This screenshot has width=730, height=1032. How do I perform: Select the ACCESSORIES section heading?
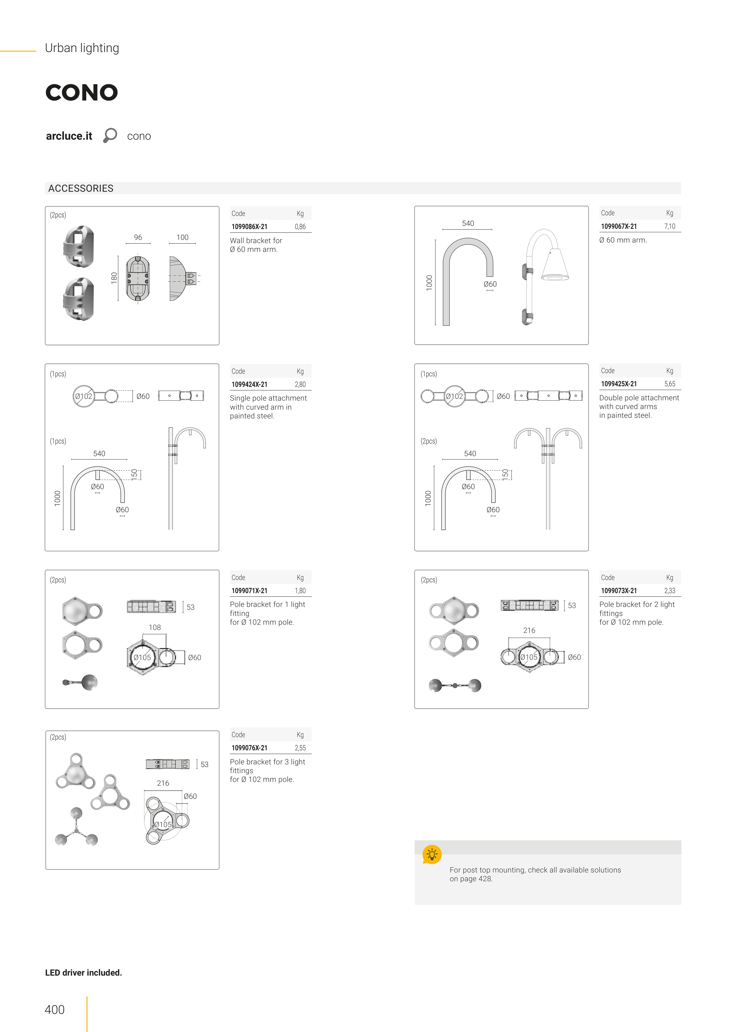[x=81, y=188]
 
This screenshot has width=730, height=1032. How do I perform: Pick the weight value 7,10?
[x=670, y=226]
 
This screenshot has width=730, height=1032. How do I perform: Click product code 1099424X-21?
[x=249, y=384]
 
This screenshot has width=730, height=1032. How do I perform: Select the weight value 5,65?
[x=670, y=384]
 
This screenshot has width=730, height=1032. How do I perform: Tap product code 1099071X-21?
[x=249, y=591]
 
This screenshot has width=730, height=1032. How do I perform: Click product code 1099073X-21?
[x=619, y=591]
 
